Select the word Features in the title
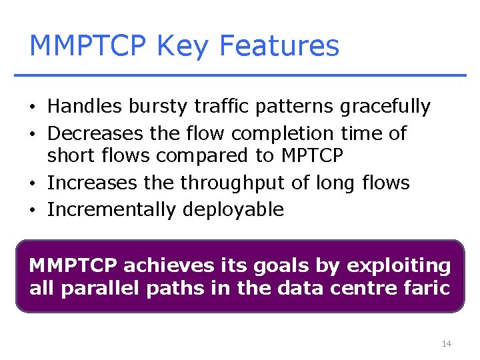pos(279,46)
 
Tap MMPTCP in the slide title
pos(88,46)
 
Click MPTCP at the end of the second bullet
pos(312,156)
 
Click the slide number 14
pos(446,344)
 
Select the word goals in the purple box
pos(284,266)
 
